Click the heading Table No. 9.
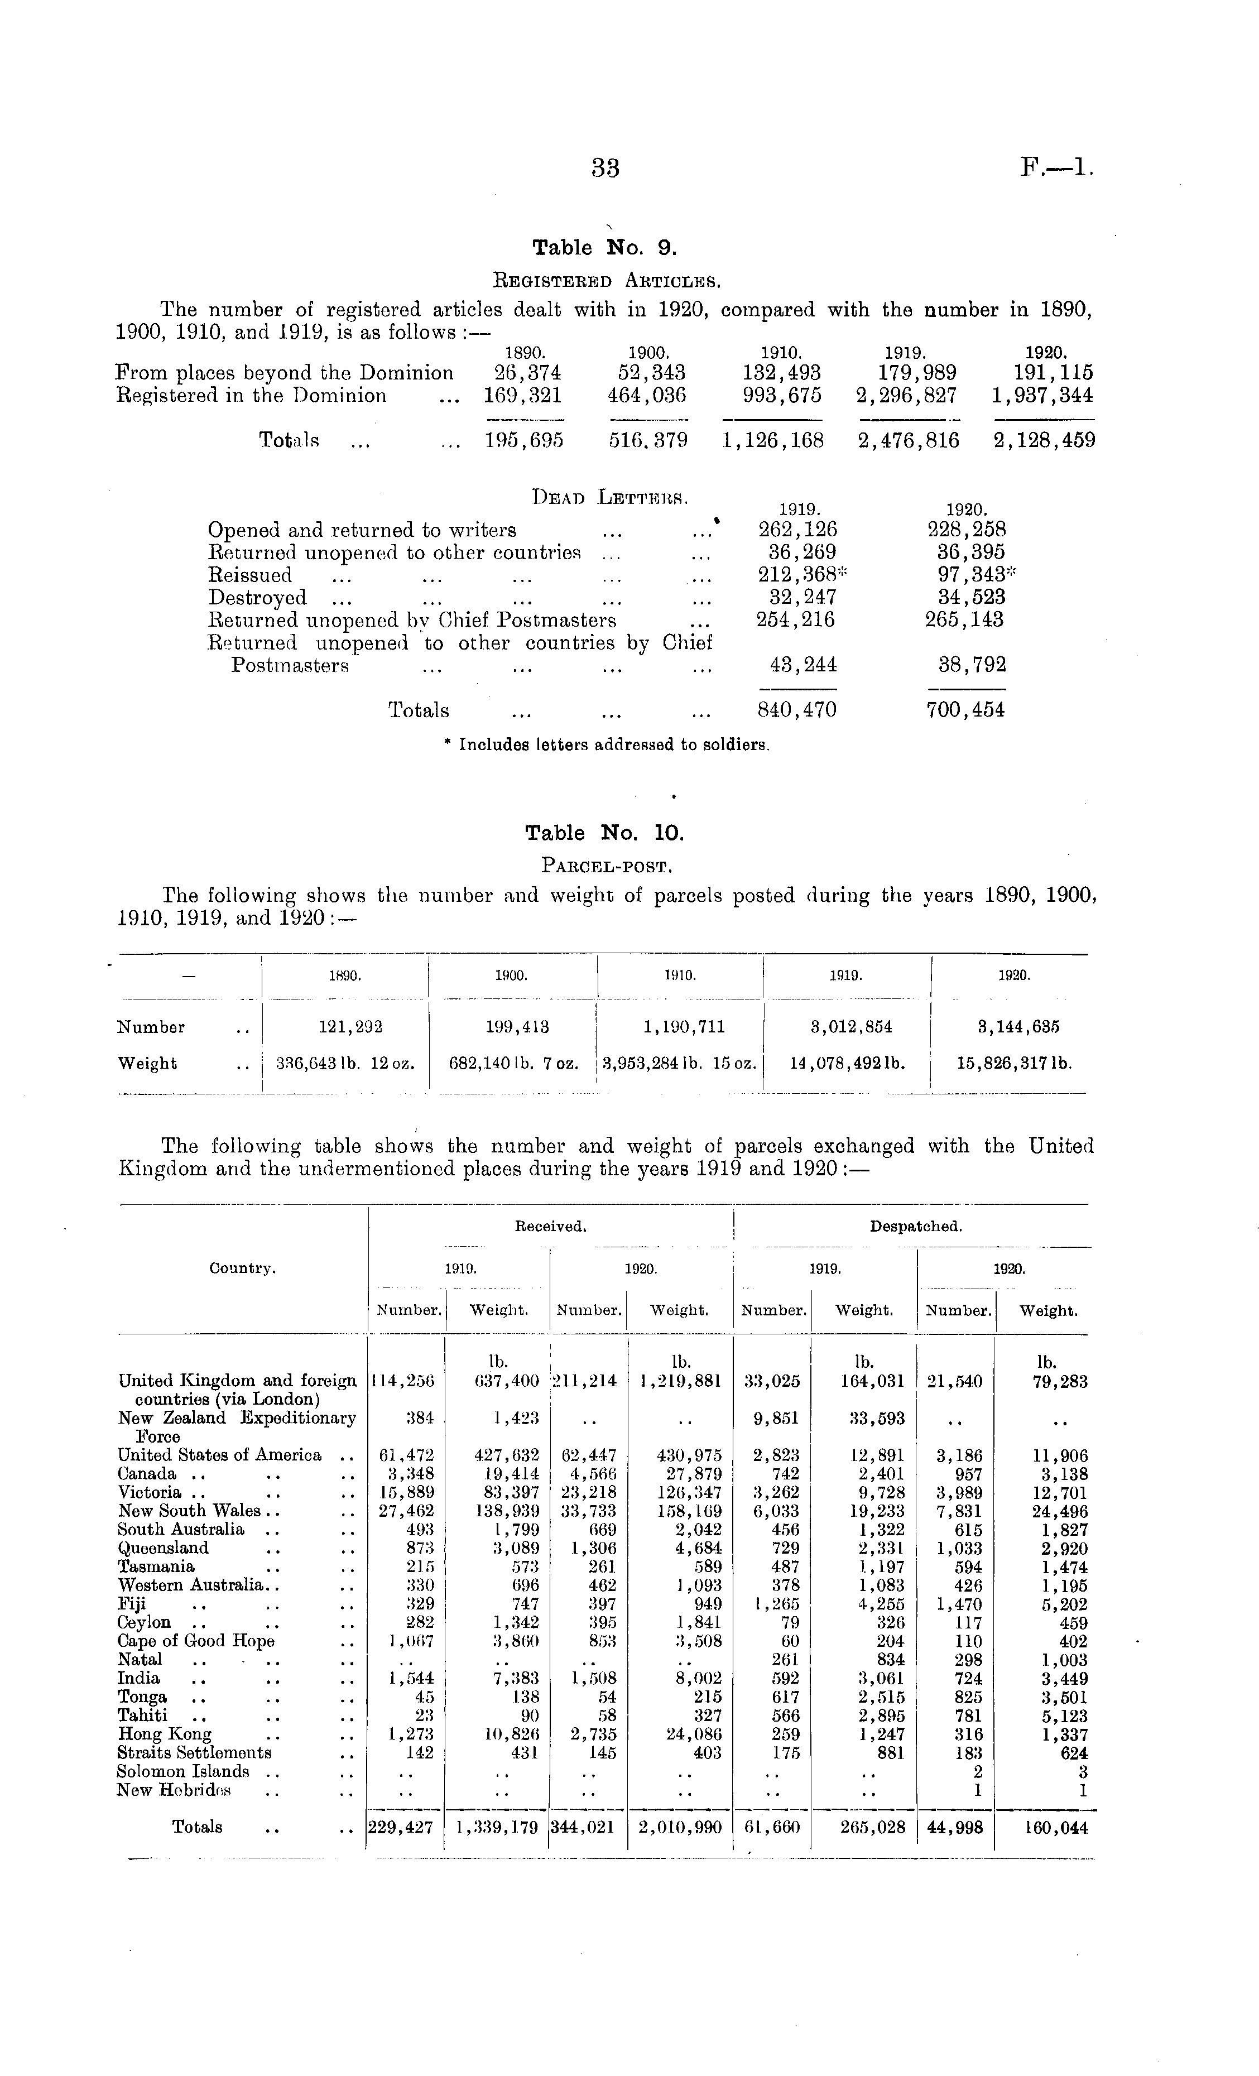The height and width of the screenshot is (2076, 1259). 604,248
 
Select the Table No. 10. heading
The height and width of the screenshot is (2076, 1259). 604,833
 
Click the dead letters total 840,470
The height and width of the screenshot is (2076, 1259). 797,710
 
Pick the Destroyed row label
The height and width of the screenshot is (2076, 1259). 257,597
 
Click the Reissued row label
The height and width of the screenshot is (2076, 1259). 249,575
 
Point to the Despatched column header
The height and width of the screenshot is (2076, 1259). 915,1227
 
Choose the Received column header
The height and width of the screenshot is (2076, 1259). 550,1227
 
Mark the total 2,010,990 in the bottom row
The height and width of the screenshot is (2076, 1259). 679,1828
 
